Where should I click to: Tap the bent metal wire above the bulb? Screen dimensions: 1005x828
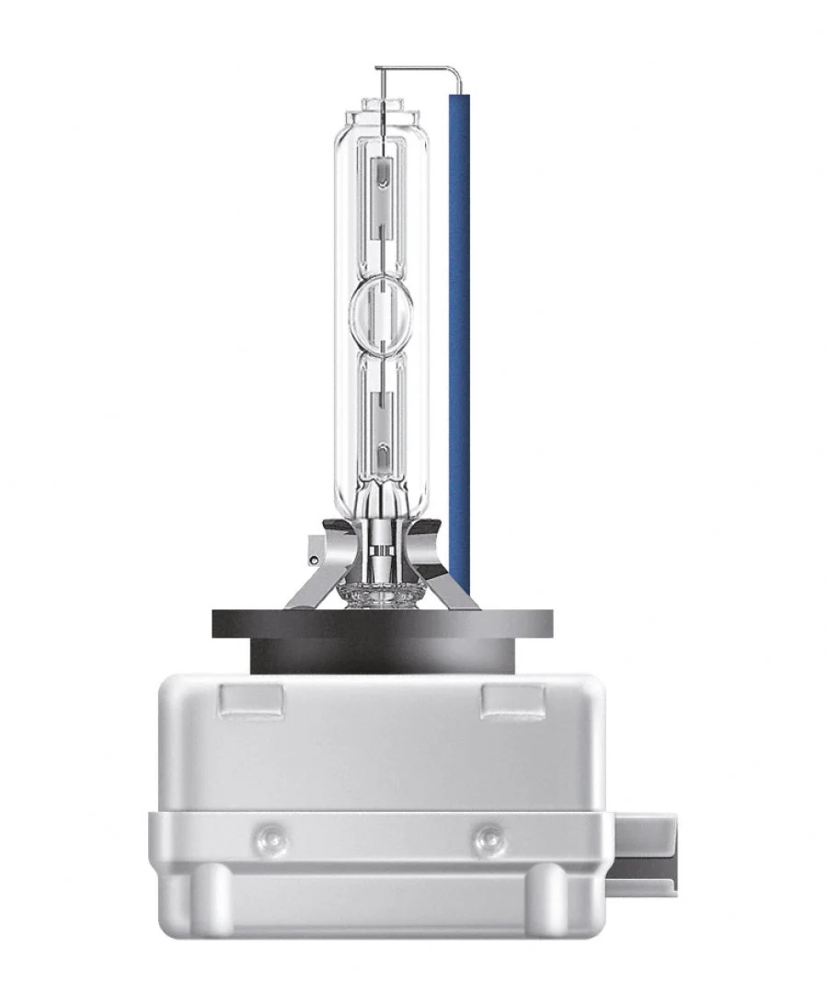[x=414, y=68]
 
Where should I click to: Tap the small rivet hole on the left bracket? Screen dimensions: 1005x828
[x=315, y=559]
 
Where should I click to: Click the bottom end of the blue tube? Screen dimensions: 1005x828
[x=459, y=589]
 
